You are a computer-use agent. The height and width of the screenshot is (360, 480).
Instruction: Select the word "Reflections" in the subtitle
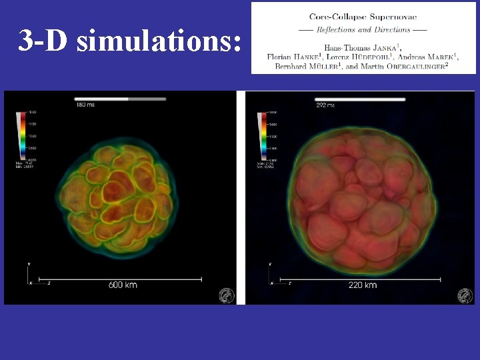(340, 30)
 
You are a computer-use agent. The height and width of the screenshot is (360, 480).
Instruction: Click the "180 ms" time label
(86, 105)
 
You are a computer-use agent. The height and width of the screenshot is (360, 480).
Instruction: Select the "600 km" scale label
(123, 285)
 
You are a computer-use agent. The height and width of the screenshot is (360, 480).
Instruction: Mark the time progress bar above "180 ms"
(120, 99)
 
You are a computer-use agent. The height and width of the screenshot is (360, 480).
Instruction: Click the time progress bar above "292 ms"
(360, 99)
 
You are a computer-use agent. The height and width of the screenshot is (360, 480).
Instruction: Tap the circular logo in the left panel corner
(227, 295)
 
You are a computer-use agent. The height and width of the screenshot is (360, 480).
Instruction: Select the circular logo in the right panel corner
(465, 295)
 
